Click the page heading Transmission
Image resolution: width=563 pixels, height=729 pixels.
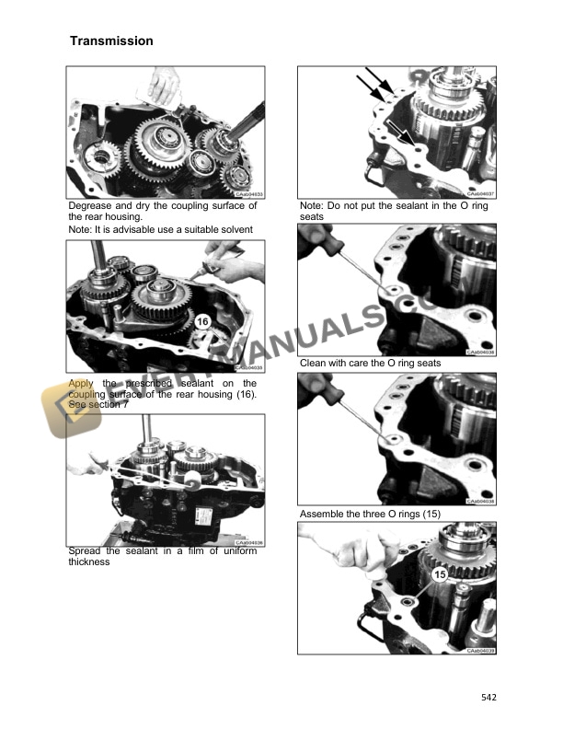coord(111,41)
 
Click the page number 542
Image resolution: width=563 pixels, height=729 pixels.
coord(488,698)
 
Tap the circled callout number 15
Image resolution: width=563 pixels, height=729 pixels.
coord(439,576)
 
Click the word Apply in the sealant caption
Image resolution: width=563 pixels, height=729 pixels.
coord(82,382)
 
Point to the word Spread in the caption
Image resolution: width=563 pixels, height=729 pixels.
coord(86,551)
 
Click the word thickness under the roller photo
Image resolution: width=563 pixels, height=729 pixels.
coord(89,561)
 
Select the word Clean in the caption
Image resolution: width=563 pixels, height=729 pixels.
coord(315,364)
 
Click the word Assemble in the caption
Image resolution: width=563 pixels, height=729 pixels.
coord(324,512)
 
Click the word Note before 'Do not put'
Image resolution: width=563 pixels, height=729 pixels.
coord(312,206)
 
